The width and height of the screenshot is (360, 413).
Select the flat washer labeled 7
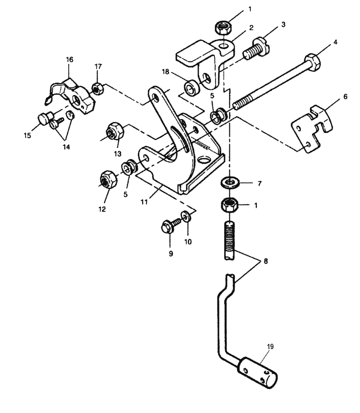(230, 182)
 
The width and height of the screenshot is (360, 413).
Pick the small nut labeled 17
(97, 89)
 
